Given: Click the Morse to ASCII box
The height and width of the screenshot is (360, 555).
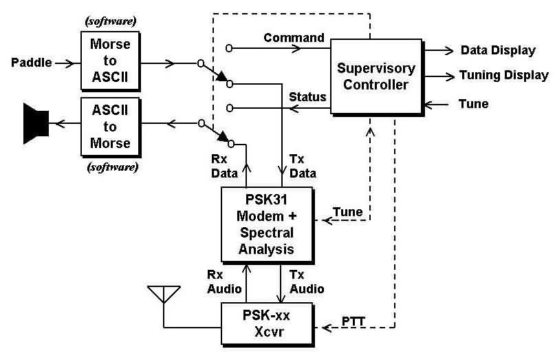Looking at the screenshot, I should click(111, 63).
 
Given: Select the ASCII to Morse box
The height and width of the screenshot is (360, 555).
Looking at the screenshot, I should click(111, 127).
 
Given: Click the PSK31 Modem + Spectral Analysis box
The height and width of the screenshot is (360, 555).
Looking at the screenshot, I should click(265, 223).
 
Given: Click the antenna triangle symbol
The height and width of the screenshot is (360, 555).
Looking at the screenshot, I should click(164, 294).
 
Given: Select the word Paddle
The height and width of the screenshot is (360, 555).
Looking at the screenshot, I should click(32, 63).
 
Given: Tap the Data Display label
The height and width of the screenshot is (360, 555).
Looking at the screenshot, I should click(498, 50).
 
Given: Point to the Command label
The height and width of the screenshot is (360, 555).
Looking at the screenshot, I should click(294, 37).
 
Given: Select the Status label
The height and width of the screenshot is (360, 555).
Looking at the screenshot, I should click(307, 96).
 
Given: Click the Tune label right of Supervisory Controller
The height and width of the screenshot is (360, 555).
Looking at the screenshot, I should click(473, 105).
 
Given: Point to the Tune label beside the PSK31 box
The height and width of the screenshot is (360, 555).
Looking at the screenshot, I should click(347, 211).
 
